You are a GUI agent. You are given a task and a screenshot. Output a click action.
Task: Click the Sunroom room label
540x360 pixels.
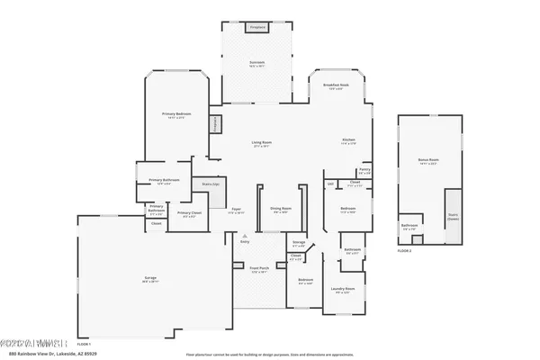[x=257, y=62]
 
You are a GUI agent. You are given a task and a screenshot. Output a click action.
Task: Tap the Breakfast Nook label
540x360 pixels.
[x=337, y=85]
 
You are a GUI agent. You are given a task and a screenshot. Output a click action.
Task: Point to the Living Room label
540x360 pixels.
[x=261, y=144]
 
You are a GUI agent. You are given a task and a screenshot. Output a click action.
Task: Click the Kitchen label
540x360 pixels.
[x=348, y=140]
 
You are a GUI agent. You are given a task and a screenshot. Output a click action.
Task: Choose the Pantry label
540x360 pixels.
[x=364, y=170]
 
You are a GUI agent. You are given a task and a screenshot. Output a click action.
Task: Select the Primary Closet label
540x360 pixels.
[x=190, y=214]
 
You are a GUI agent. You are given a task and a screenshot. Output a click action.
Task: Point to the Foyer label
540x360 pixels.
[x=236, y=210]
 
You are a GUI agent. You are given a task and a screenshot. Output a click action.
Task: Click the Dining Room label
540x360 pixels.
[x=279, y=210]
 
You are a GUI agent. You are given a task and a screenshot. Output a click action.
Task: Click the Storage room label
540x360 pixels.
[x=299, y=242]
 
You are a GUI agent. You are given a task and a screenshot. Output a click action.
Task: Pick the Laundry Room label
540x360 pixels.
[x=344, y=290]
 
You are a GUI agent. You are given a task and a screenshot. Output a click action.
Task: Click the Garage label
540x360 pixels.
[x=150, y=279]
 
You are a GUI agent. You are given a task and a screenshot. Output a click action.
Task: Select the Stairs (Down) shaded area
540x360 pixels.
[x=453, y=216]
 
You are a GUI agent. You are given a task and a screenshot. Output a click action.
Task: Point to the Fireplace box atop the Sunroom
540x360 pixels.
[x=257, y=28]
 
